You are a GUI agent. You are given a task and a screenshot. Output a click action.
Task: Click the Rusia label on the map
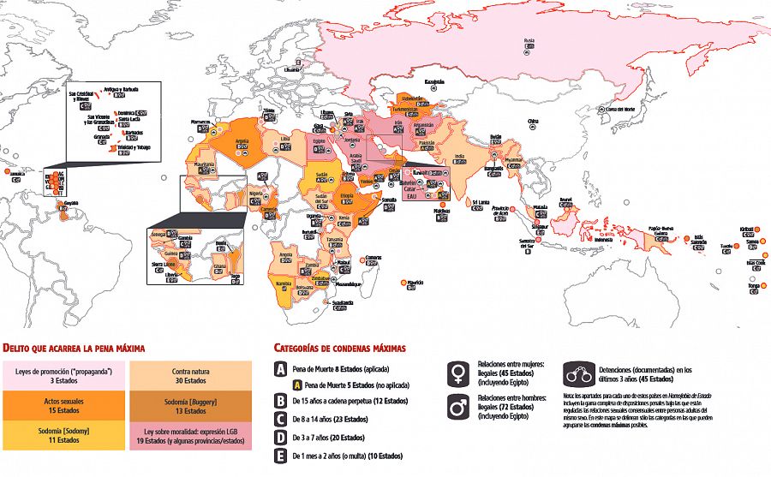pos(529,40)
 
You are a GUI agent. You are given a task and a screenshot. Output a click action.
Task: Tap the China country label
pos(532,121)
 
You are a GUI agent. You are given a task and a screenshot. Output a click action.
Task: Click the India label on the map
pos(459,155)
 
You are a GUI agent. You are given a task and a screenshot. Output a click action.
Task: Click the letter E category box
pos(280,456)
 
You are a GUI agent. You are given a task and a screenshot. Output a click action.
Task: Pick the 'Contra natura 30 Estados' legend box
pos(191,375)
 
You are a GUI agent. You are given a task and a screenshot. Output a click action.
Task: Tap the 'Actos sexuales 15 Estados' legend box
pos(64,405)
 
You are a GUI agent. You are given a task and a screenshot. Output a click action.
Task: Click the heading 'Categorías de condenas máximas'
pos(338,348)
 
